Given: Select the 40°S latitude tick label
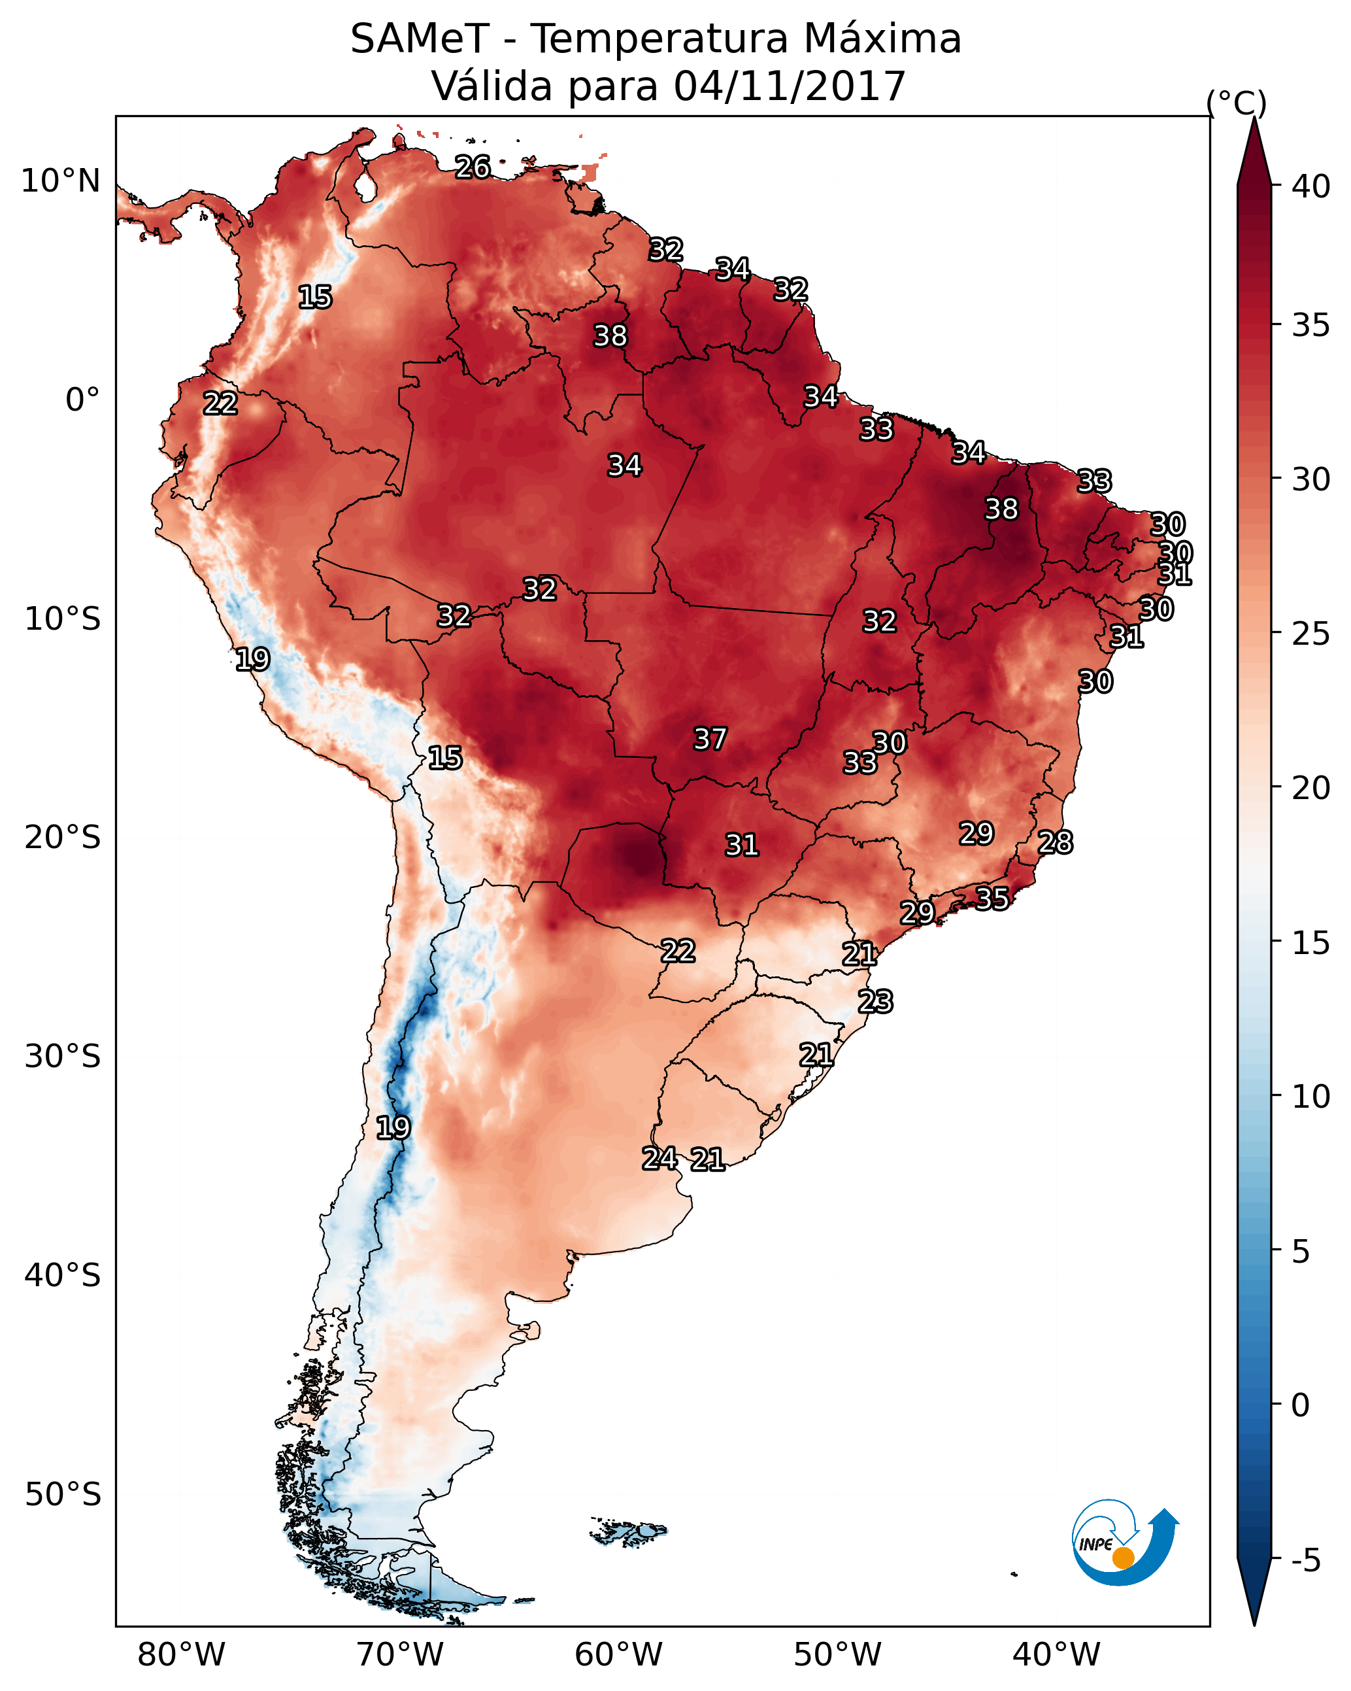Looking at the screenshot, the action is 63,1276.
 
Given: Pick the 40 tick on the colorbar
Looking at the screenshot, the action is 1311,186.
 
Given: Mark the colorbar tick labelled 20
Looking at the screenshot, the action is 1311,788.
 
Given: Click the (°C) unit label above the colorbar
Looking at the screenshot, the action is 1237,103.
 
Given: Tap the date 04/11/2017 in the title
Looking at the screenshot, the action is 790,86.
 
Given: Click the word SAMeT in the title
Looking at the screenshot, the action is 420,39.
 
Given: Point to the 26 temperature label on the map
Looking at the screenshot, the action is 473,167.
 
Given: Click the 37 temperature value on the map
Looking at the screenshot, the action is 710,739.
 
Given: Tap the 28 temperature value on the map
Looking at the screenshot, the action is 1056,842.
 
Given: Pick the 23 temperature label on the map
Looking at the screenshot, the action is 875,1002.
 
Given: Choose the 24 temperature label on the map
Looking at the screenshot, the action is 660,1159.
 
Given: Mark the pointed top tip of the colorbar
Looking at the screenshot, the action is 1254,118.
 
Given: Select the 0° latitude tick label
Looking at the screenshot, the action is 82,400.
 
